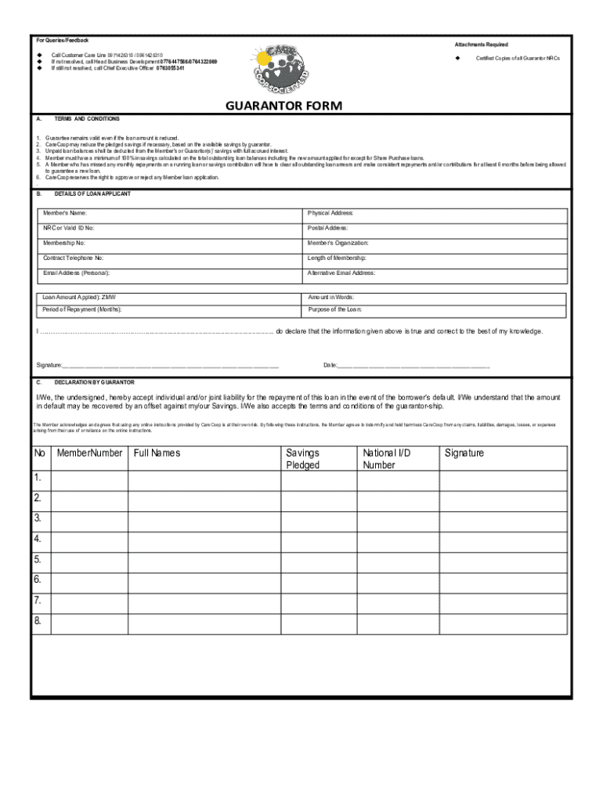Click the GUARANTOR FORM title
283,106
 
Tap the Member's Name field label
65,213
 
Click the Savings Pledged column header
303,459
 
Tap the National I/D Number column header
386,459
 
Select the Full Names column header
157,453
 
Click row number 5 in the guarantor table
38,559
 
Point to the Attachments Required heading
481,45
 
